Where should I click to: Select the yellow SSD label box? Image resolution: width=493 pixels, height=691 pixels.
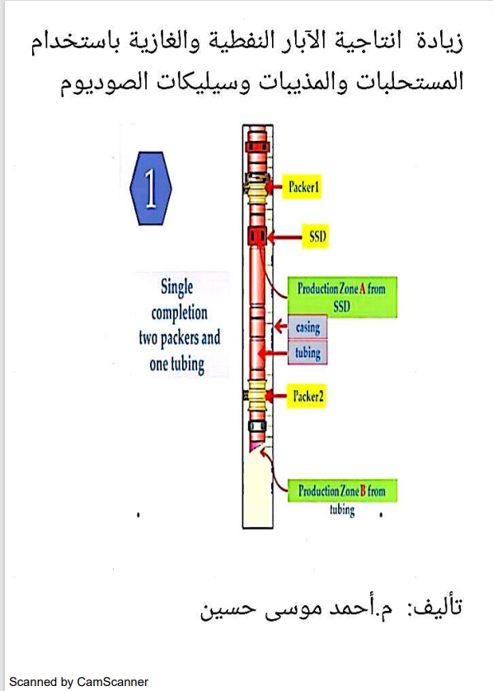tap(316, 236)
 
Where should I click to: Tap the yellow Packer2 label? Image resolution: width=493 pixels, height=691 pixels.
tap(307, 396)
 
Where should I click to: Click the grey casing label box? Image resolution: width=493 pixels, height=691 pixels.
tap(308, 327)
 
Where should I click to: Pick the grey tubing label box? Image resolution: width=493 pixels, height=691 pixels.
tap(308, 352)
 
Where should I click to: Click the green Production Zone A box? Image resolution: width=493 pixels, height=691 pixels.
tap(342, 297)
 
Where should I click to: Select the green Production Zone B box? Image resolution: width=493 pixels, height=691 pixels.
tap(342, 491)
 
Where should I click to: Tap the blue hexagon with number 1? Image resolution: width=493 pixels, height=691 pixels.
tap(151, 188)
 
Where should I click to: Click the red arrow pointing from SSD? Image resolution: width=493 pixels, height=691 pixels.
tap(284, 237)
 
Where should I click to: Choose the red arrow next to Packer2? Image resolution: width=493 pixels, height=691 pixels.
tap(276, 396)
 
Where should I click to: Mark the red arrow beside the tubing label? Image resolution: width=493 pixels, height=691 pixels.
tap(273, 353)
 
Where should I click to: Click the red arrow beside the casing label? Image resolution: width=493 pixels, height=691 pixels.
tap(280, 327)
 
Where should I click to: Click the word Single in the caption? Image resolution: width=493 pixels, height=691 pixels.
tap(176, 288)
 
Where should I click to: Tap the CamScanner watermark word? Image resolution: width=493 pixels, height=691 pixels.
tap(112, 682)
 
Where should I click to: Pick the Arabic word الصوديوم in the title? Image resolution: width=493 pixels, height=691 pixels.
tap(98, 82)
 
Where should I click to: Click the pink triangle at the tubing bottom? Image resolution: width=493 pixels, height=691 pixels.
tap(255, 446)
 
